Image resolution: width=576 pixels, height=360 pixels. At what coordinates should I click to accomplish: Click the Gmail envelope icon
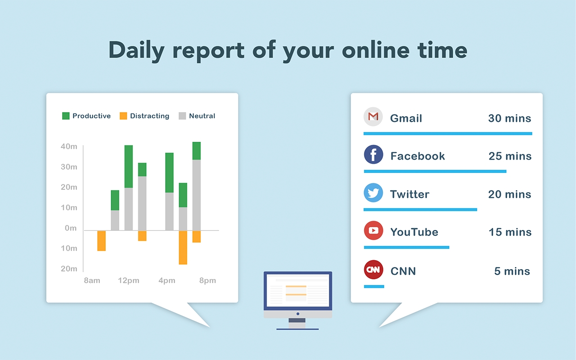coord(373,117)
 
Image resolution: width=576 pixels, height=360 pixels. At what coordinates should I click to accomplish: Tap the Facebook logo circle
coord(373,154)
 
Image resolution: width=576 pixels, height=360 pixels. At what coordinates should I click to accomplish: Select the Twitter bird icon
coord(373,193)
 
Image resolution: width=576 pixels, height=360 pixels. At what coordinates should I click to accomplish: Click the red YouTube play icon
coord(373,230)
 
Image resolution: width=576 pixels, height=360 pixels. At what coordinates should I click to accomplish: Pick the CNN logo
coord(373,270)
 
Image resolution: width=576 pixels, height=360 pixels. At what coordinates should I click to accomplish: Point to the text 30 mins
coord(510,118)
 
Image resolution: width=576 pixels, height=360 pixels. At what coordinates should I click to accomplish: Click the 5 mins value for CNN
coord(512,271)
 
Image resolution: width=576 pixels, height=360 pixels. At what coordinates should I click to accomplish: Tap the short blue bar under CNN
coord(374,287)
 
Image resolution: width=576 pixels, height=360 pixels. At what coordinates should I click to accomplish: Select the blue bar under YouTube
coord(406,247)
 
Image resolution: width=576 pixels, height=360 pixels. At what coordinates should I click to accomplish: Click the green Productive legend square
coord(66,116)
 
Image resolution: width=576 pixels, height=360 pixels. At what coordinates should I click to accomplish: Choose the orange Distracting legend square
coord(123,116)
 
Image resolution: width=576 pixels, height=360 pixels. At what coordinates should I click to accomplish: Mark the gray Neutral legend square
coord(182,116)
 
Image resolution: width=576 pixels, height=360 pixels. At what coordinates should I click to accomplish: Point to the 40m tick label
coord(69,146)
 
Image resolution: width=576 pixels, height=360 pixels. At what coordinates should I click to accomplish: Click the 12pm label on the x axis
coord(129,280)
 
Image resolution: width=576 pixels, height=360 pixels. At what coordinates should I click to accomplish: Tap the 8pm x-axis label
coord(207,280)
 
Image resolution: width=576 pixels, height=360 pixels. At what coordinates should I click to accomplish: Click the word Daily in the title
coord(136,50)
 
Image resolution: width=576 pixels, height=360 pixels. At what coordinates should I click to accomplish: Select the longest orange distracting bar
coord(183,247)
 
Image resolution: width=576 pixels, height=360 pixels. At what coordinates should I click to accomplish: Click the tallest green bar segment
coord(129,166)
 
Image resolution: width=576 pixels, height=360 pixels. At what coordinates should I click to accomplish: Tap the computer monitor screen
coord(298,290)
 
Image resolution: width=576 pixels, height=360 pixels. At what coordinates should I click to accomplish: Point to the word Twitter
coord(409,194)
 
